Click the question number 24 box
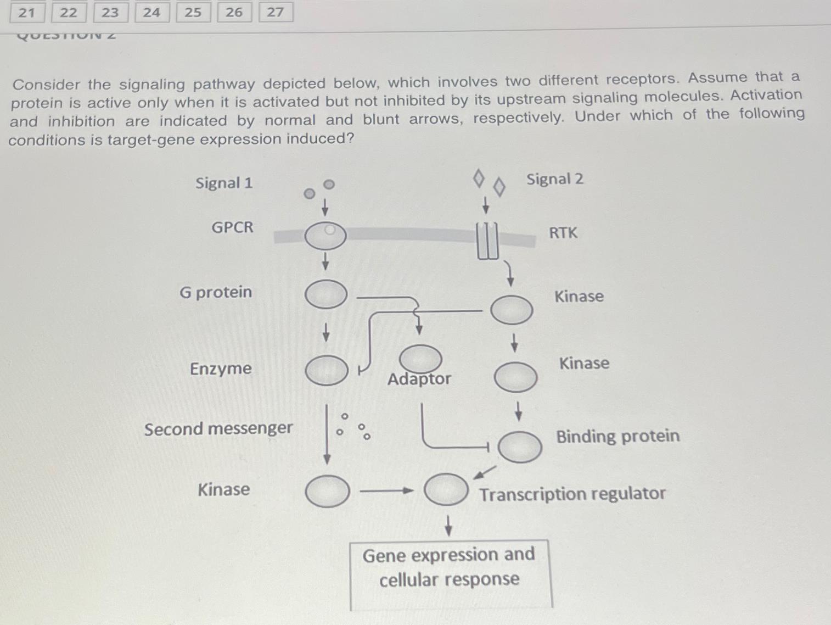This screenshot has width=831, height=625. click(x=151, y=12)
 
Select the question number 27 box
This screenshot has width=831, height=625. click(x=276, y=12)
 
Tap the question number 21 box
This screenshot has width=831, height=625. click(x=27, y=12)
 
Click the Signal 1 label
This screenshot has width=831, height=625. click(x=224, y=183)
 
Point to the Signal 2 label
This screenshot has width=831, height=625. click(x=554, y=179)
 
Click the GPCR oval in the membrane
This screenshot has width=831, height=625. click(x=325, y=236)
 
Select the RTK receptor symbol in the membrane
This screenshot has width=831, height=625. click(x=487, y=240)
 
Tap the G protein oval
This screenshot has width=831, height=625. click(x=326, y=294)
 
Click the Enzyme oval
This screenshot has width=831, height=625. click(x=327, y=370)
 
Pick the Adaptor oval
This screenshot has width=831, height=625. click(x=420, y=358)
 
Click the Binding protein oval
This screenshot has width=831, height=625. click(x=519, y=446)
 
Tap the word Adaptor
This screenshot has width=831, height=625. click(x=419, y=379)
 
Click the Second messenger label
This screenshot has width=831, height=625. click(x=218, y=428)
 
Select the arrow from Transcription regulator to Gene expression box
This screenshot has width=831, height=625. click(x=448, y=525)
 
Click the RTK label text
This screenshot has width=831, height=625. click(x=563, y=233)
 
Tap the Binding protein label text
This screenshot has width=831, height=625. click(x=617, y=436)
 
